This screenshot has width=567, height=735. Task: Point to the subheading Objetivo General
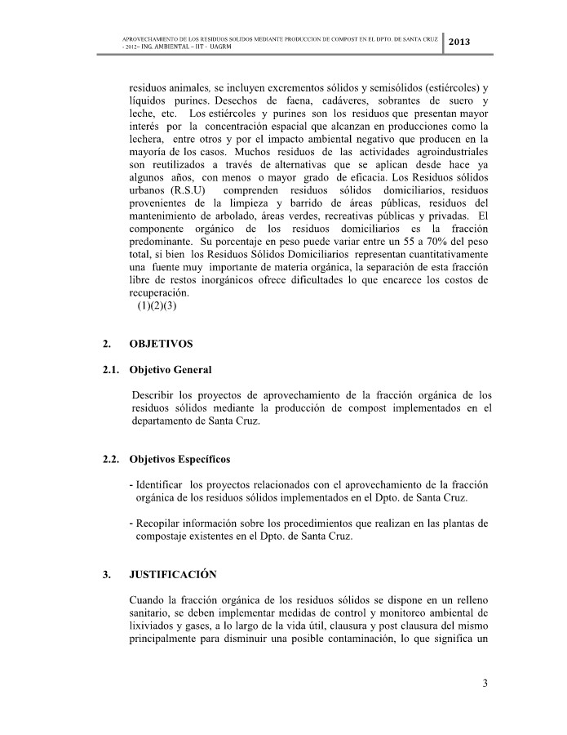(171, 370)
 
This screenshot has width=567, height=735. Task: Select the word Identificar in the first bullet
(159, 485)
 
